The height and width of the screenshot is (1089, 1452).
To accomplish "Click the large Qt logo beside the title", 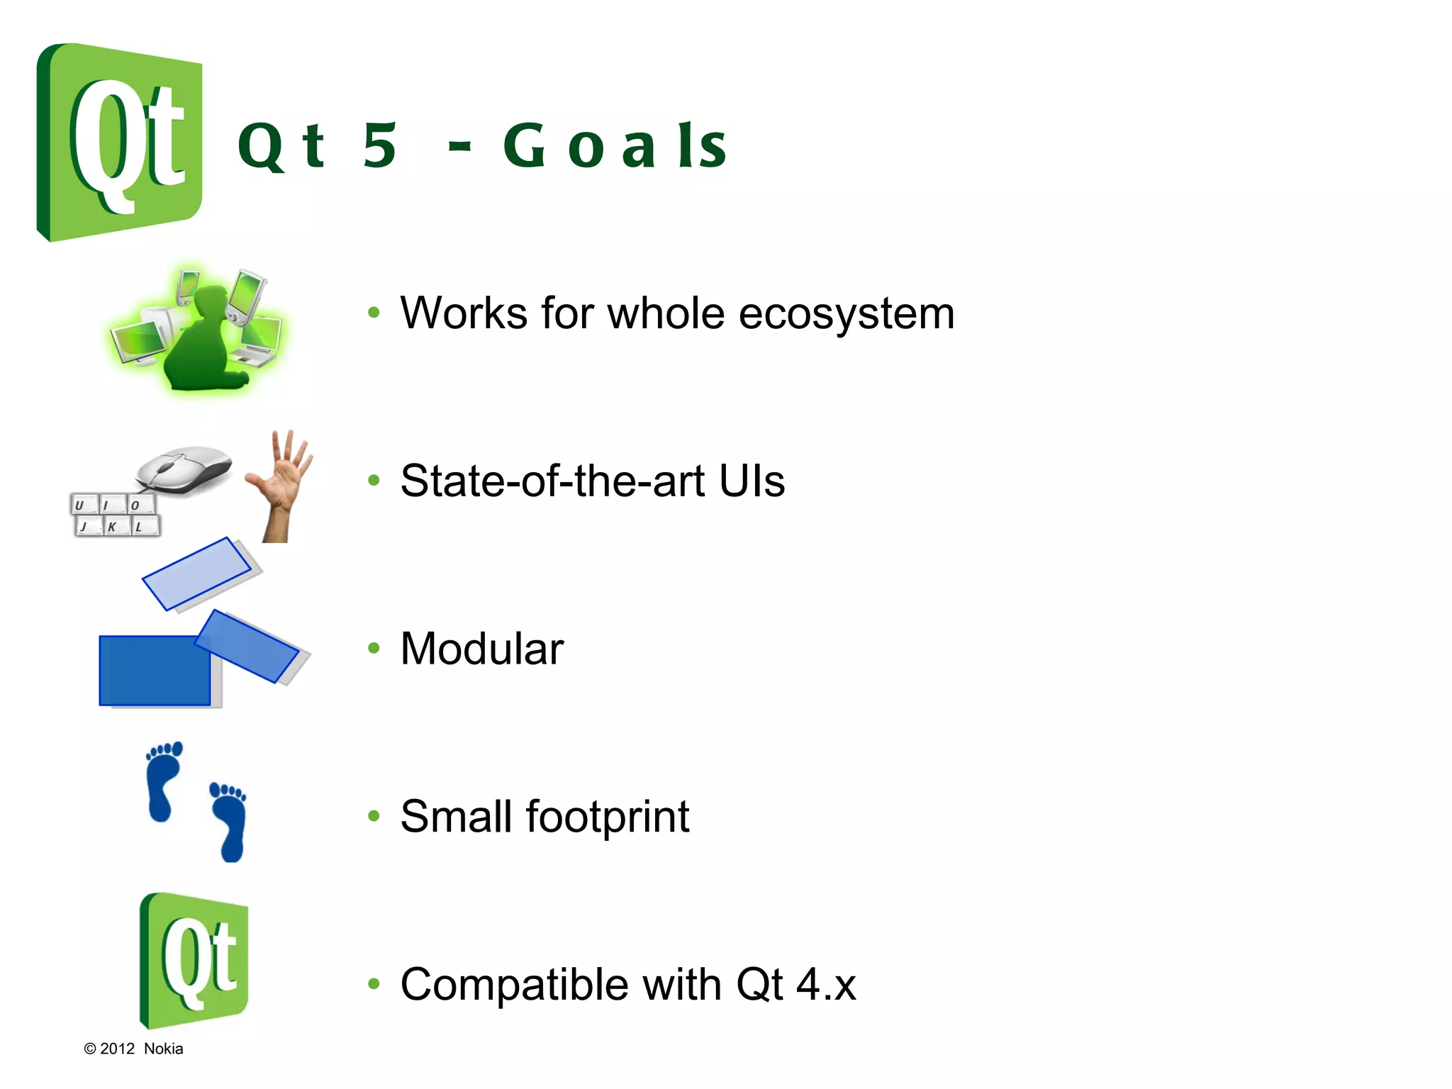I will pos(119,142).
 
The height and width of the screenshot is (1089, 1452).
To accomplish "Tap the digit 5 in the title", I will pos(379,146).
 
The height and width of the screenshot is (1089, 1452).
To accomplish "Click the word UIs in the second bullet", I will pos(751,481).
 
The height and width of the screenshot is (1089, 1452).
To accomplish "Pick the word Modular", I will pos(481,648).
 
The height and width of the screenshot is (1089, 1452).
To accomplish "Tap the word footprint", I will pos(607,817).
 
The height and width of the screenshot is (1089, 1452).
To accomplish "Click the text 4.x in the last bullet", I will pos(825,984).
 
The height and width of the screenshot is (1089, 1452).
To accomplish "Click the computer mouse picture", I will pos(184,469).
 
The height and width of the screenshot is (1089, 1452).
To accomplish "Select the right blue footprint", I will pos(230,822).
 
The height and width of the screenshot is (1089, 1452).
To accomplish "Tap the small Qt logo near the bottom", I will pos(194,961).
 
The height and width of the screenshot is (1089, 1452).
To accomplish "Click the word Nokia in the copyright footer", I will pos(163,1049).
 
